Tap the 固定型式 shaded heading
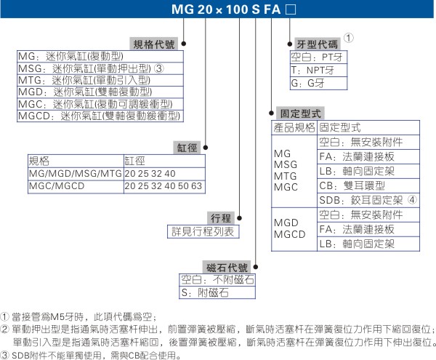coord(299,113)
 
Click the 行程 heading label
coord(221,218)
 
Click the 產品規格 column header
coord(293,127)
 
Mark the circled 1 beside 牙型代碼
coord(350,38)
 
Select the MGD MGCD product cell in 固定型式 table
coord(289,228)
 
